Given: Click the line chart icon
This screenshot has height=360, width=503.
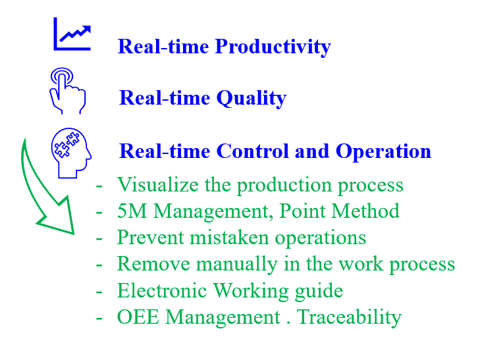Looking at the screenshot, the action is click(x=72, y=34).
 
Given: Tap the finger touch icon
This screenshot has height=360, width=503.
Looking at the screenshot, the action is click(x=67, y=91).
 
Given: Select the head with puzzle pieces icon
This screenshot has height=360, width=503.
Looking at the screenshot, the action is click(x=71, y=153).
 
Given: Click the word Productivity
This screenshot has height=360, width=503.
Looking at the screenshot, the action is click(x=273, y=47).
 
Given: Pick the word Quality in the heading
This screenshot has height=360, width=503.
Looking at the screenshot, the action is click(x=251, y=99).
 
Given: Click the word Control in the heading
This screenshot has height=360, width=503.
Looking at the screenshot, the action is click(x=252, y=151).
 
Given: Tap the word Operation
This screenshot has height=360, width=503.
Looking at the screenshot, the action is click(x=383, y=151).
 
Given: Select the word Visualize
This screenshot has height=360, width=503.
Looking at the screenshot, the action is click(x=158, y=185).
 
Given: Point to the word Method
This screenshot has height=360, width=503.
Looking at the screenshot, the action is click(x=365, y=211).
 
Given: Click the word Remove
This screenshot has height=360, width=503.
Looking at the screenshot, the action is click(x=153, y=264).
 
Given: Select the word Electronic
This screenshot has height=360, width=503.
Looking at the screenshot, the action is click(x=162, y=291).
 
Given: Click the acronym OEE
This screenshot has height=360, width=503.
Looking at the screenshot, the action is click(x=138, y=317).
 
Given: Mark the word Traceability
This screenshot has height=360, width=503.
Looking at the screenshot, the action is click(x=349, y=318).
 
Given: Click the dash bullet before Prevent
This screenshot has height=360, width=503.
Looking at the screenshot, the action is click(x=99, y=239).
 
